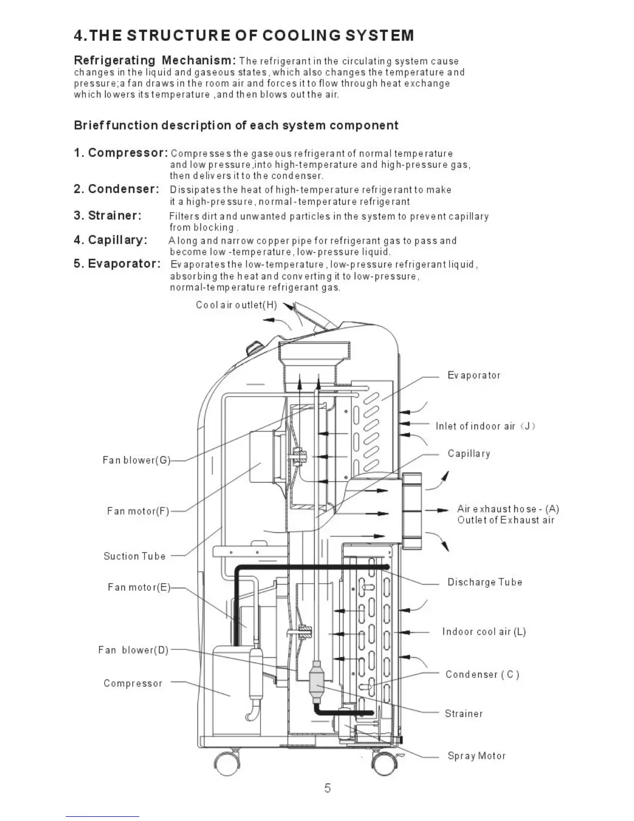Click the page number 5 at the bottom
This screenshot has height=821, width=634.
click(x=327, y=788)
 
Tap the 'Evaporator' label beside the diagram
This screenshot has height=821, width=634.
click(x=474, y=375)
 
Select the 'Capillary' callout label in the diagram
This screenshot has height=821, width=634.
click(x=469, y=454)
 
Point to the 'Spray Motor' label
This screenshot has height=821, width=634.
click(x=477, y=756)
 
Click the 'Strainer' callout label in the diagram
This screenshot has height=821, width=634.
click(x=464, y=714)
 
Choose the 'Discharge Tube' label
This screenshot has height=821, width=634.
click(x=485, y=582)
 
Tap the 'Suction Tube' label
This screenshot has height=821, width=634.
click(x=135, y=556)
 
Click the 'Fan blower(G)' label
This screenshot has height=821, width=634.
click(x=136, y=460)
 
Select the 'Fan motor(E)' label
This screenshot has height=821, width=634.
click(x=139, y=587)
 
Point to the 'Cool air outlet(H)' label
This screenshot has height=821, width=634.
click(x=236, y=305)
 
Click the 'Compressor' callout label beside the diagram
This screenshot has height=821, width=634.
click(x=133, y=683)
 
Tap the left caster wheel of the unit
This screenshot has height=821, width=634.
click(x=227, y=762)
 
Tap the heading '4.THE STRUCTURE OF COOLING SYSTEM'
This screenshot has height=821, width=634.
click(x=244, y=36)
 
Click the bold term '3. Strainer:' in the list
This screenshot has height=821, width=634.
click(x=107, y=216)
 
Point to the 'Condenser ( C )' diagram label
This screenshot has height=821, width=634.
click(x=482, y=674)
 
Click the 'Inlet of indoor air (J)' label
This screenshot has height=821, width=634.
click(x=485, y=426)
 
